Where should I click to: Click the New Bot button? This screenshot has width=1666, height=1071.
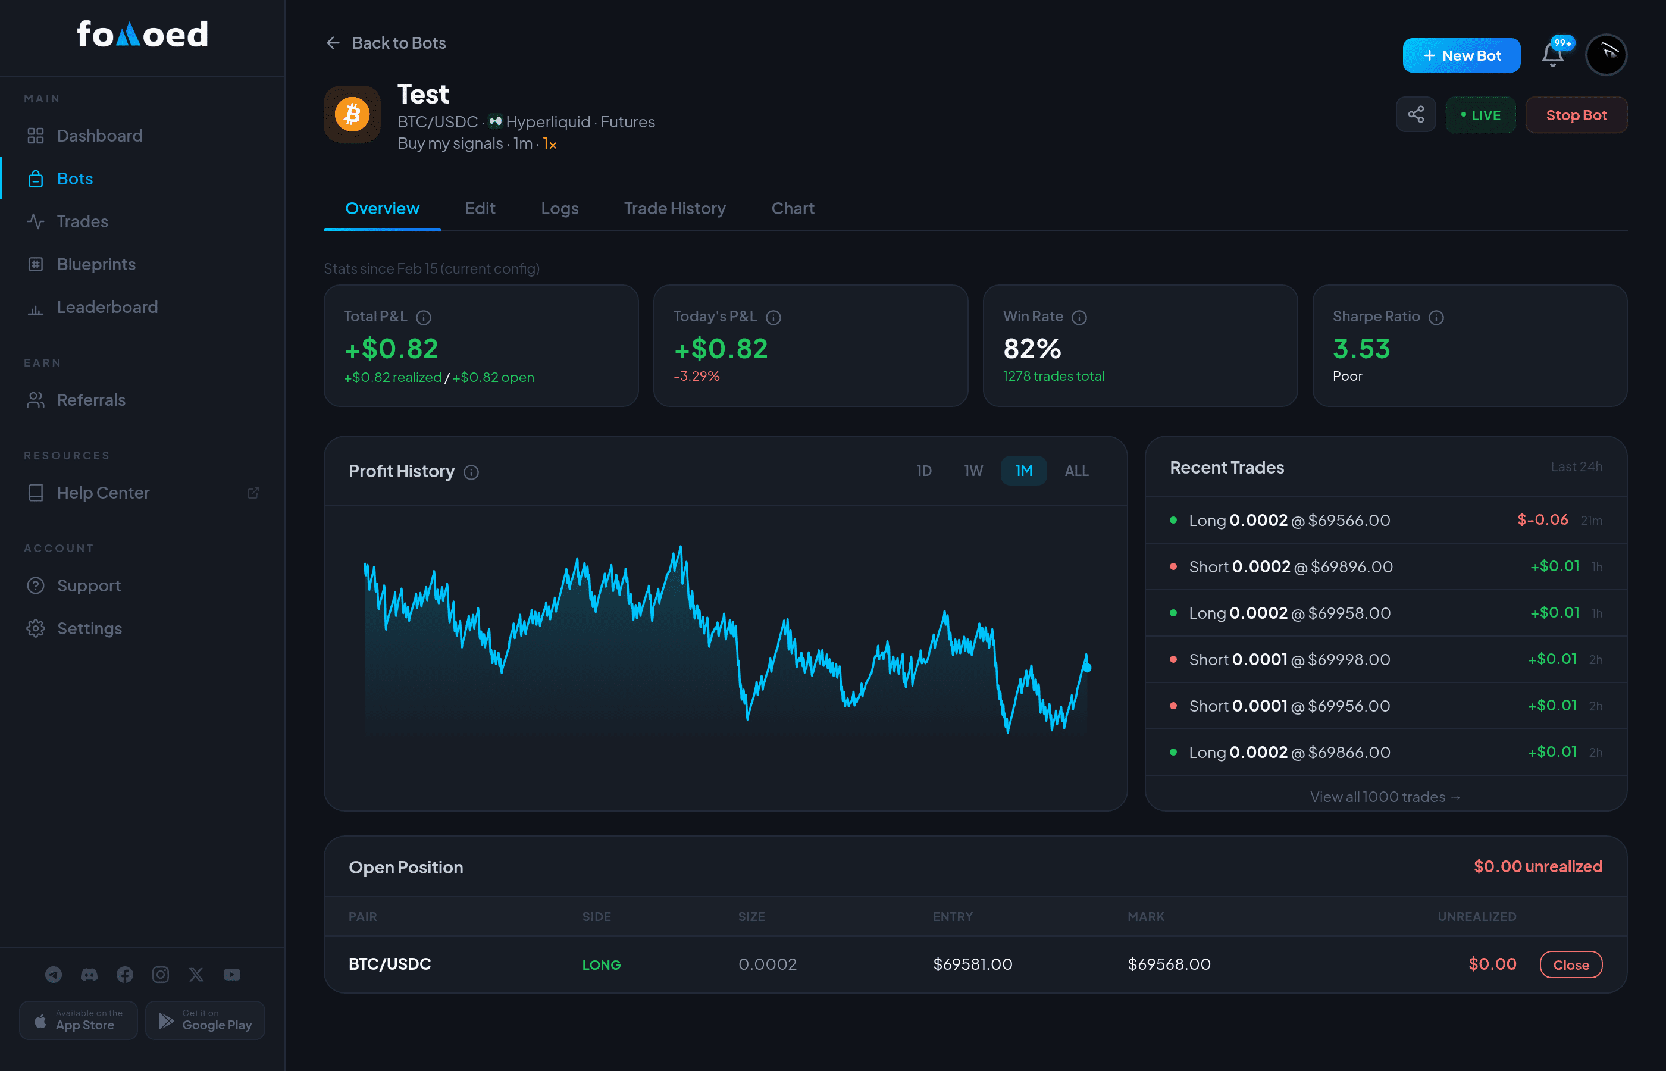tap(1461, 56)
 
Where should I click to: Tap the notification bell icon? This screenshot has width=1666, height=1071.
tap(1553, 55)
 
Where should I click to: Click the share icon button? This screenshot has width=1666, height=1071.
tap(1416, 115)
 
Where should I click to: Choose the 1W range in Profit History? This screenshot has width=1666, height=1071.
tap(973, 471)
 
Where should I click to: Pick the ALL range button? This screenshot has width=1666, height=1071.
tap(1076, 471)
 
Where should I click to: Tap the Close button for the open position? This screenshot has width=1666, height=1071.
tap(1571, 964)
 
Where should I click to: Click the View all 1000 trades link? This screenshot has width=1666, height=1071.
tap(1385, 796)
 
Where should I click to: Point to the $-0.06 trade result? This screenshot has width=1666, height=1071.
tap(1542, 519)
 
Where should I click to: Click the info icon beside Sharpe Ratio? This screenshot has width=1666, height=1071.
tap(1436, 317)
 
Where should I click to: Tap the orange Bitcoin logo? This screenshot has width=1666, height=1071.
tap(352, 114)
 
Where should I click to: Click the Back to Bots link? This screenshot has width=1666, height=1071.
tap(386, 43)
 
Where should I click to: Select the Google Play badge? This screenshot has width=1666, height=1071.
tap(205, 1020)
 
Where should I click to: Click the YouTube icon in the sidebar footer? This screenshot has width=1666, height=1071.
tap(232, 975)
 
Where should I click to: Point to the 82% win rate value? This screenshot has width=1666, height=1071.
tap(1032, 349)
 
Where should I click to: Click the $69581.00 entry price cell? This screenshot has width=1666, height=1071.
tap(972, 964)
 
